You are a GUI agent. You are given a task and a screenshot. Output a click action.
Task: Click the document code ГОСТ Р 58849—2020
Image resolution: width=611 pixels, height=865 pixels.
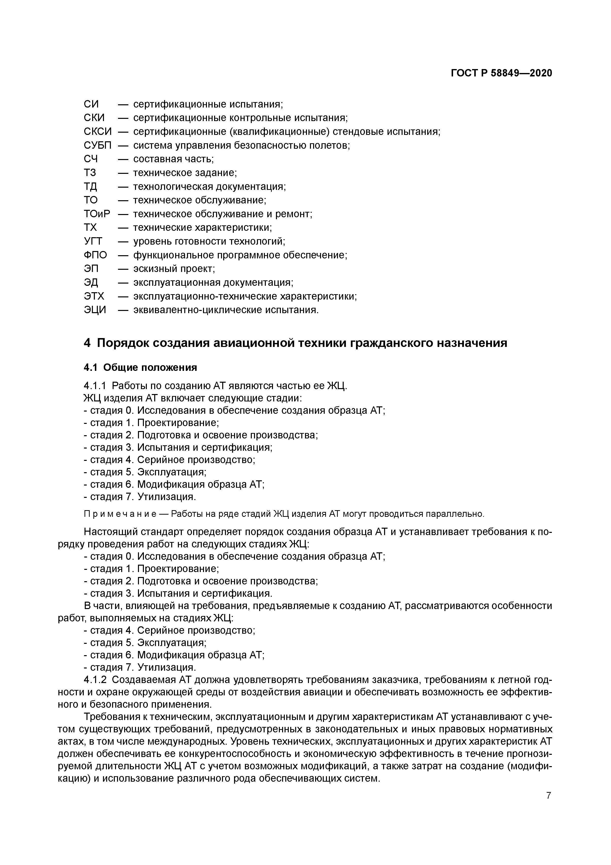tap(501, 73)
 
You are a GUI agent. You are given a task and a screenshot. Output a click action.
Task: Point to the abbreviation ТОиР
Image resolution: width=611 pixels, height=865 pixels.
tap(97, 214)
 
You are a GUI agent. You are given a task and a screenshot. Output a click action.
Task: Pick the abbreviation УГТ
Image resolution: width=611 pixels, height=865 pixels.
tap(93, 241)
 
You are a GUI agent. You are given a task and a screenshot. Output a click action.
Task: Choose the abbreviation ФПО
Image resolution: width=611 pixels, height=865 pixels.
tap(95, 255)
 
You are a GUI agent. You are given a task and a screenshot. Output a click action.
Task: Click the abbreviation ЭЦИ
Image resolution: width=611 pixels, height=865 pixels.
tap(95, 310)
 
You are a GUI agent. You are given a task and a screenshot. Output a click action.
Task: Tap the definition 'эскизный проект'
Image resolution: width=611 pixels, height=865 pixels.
tap(174, 269)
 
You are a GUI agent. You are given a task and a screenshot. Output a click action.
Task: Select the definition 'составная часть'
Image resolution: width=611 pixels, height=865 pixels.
tap(173, 159)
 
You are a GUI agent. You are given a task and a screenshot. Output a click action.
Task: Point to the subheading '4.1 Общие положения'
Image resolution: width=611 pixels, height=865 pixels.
tap(140, 367)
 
